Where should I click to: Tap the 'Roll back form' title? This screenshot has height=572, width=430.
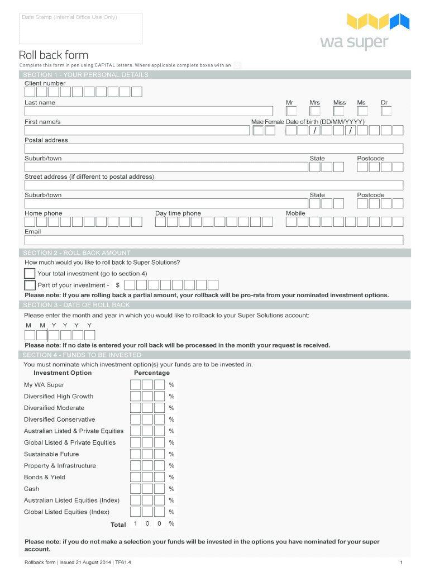click(54, 55)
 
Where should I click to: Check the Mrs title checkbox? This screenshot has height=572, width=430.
click(315, 111)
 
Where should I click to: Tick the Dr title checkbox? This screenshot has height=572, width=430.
click(386, 111)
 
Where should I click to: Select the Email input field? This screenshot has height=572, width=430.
click(213, 240)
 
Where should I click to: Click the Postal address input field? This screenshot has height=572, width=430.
click(213, 149)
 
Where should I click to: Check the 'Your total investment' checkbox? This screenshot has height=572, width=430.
click(30, 273)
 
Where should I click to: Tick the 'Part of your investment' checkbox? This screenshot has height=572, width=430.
click(30, 285)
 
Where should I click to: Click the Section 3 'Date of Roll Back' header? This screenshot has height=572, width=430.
click(77, 305)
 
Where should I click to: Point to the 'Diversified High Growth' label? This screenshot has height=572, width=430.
click(59, 397)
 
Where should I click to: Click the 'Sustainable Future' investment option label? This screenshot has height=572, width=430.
click(51, 454)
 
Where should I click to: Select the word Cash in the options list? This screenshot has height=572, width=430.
click(31, 489)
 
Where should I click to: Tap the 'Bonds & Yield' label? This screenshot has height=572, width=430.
click(45, 477)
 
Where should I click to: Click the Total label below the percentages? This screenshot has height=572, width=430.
click(118, 525)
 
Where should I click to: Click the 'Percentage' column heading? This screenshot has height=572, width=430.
click(152, 373)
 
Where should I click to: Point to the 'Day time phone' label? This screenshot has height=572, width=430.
click(178, 213)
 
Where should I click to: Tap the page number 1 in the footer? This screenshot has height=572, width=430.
click(402, 562)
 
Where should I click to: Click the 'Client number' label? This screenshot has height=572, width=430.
click(45, 83)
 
